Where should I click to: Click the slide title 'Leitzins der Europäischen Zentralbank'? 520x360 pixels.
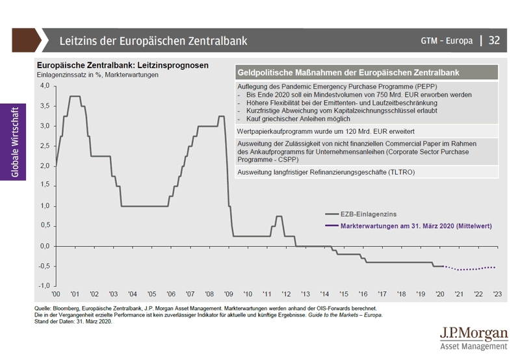pos(153,40)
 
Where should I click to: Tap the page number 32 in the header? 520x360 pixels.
pos(494,40)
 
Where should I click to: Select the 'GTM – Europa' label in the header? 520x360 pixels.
pos(447,40)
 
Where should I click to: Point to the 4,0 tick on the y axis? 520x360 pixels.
pos(44,86)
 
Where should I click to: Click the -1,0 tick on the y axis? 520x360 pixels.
pos(43,286)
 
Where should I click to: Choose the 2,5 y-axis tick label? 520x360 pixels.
pos(44,146)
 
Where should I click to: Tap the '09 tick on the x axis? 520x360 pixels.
pos(228,294)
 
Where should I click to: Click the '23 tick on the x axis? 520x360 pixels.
pos(497,294)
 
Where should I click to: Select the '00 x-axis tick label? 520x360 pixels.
pos(56,294)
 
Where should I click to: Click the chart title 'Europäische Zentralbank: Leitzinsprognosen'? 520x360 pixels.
pos(122,65)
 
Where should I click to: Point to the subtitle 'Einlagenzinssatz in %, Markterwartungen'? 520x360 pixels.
pos(97,75)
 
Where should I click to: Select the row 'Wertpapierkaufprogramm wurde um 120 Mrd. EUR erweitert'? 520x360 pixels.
pos(327,131)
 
